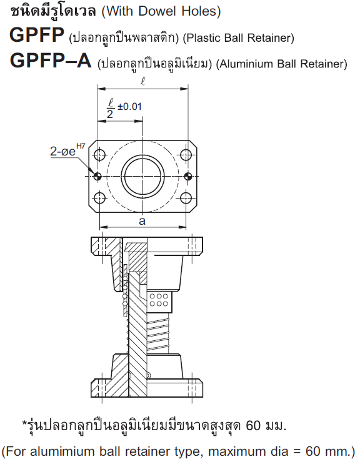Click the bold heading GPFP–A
[x=51, y=61]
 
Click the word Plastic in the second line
[x=204, y=37]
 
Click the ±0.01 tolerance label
[x=129, y=106]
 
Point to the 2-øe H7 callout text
[x=67, y=150]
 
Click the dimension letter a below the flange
[x=142, y=220]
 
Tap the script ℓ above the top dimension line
[x=142, y=81]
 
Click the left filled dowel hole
[x=97, y=177]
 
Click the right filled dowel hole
[x=188, y=177]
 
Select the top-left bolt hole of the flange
[x=100, y=154]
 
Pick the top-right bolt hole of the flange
[x=186, y=154]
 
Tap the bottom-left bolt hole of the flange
[x=100, y=198]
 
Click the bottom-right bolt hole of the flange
[x=186, y=198]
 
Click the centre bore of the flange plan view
[x=142, y=177]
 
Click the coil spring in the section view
[x=157, y=333]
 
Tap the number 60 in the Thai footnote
[x=253, y=425]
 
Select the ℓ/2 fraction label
[x=111, y=109]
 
